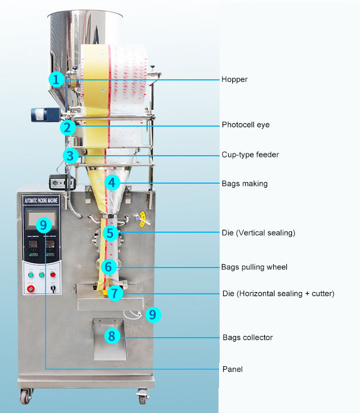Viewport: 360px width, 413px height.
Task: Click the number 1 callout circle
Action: pyautogui.click(x=56, y=79)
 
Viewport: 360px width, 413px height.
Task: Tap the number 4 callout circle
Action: pyautogui.click(x=112, y=183)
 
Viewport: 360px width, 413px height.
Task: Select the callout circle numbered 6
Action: pyautogui.click(x=110, y=266)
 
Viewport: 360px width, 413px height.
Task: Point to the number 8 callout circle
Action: pyautogui.click(x=112, y=336)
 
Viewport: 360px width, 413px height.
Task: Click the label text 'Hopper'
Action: pyautogui.click(x=234, y=79)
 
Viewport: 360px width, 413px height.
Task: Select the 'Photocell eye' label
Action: pyautogui.click(x=245, y=125)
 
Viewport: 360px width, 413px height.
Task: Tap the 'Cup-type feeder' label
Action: pyautogui.click(x=250, y=155)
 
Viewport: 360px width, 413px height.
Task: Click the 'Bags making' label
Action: pyautogui.click(x=244, y=184)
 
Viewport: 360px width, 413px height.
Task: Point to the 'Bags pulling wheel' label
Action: pyautogui.click(x=254, y=267)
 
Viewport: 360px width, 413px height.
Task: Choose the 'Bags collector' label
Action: pyautogui.click(x=248, y=337)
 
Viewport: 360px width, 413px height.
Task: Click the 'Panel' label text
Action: pyautogui.click(x=232, y=369)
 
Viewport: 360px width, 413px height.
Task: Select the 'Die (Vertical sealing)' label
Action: pyautogui.click(x=258, y=233)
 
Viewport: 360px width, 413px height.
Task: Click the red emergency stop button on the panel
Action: pyautogui.click(x=31, y=289)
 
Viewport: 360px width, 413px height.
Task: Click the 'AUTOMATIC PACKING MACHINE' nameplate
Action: pyautogui.click(x=41, y=201)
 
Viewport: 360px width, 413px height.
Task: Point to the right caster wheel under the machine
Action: pyautogui.click(x=141, y=395)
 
